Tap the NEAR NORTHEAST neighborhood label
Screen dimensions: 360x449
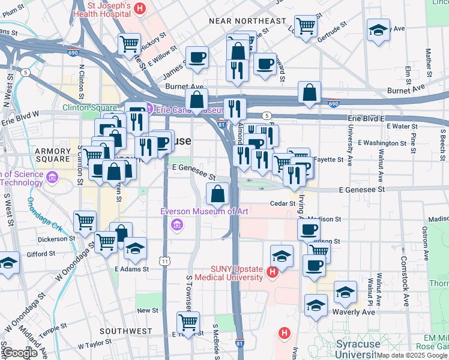pyautogui.click(x=247, y=21)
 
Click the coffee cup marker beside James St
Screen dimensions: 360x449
pyautogui.click(x=197, y=58)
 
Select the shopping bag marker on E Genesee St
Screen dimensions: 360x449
pyautogui.click(x=218, y=194)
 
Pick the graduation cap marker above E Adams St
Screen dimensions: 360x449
pyautogui.click(x=135, y=248)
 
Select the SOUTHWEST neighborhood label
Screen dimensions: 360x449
pyautogui.click(x=126, y=331)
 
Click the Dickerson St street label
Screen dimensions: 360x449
pyautogui.click(x=54, y=238)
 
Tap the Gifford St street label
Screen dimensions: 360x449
pyautogui.click(x=41, y=254)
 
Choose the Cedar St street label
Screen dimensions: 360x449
pyautogui.click(x=280, y=203)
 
